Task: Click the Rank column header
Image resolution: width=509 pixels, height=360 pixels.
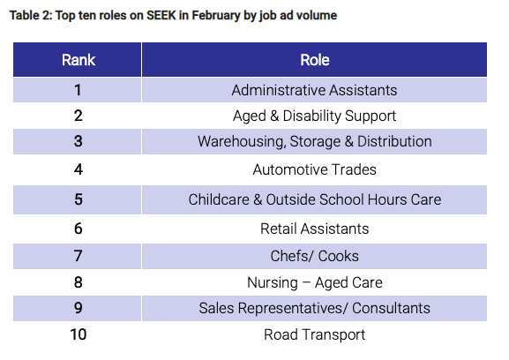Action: [79, 60]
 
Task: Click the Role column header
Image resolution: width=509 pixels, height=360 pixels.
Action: [314, 60]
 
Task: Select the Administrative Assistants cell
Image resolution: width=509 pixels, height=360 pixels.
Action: [314, 90]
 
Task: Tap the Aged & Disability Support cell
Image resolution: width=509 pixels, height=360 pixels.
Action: [314, 116]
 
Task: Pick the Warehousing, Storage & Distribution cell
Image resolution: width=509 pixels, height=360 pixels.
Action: [314, 141]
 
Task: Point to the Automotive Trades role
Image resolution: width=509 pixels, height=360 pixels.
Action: [314, 169]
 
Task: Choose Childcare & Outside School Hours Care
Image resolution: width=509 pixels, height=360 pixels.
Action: [314, 199]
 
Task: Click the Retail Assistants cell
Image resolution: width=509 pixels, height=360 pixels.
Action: [314, 229]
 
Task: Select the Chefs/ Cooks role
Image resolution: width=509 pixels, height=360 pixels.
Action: [314, 256]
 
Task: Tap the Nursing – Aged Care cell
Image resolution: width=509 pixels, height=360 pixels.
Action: [314, 282]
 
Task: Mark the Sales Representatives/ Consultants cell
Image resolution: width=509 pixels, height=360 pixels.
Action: [314, 308]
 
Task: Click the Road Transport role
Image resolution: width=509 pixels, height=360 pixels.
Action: [314, 334]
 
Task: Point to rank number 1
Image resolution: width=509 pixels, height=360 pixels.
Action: [79, 90]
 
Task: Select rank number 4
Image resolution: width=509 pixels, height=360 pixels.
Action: [79, 169]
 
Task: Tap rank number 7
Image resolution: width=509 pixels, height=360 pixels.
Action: [79, 256]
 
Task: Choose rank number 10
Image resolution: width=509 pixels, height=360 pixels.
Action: [79, 334]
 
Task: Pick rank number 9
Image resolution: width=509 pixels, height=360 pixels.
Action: [79, 308]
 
